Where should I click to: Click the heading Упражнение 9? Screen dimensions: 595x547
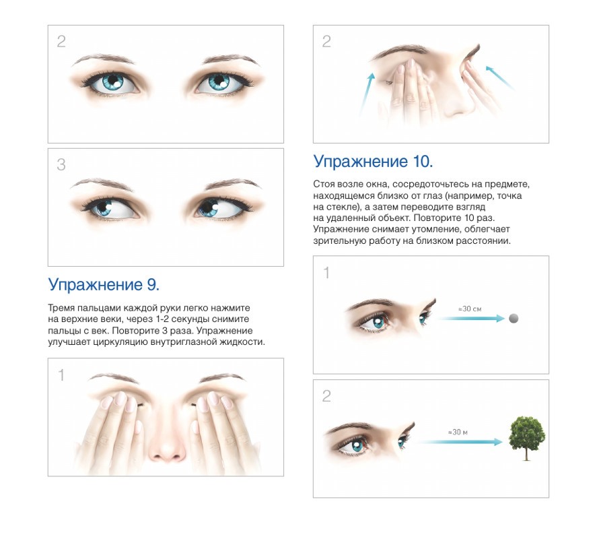click(104, 284)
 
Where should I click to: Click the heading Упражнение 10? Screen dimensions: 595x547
click(373, 162)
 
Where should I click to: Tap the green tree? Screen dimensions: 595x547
click(527, 438)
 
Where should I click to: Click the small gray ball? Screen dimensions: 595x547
click(514, 319)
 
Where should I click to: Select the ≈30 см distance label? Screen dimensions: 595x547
click(470, 309)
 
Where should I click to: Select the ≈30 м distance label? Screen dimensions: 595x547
click(458, 432)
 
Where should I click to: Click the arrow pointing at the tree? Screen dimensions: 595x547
click(460, 442)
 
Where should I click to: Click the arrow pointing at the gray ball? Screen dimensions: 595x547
click(472, 319)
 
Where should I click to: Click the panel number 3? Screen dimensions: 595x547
click(61, 164)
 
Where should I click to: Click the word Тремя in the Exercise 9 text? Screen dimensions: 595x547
click(61, 308)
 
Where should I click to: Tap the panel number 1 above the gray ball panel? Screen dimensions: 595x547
click(326, 273)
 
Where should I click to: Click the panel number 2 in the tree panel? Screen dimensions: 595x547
click(326, 396)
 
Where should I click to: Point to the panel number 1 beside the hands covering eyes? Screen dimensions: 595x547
click(61, 375)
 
